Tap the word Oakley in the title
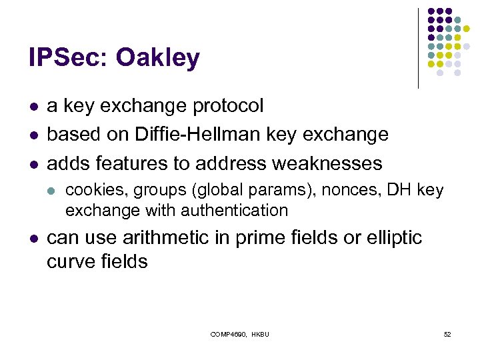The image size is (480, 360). point(158,58)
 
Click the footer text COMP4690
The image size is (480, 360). point(227,334)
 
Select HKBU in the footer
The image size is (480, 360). point(259,334)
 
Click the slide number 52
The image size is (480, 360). point(447,334)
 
